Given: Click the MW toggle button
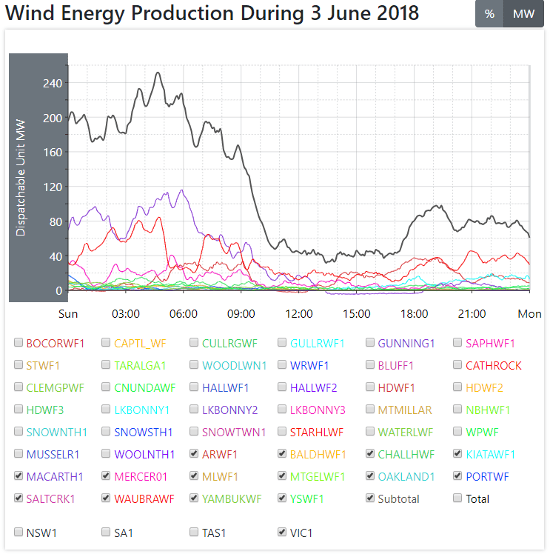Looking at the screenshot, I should pos(523,14).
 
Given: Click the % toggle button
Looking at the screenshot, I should pos(489,14).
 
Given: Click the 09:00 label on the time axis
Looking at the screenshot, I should pos(241,314).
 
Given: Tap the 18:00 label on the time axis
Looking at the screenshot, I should pos(414,314).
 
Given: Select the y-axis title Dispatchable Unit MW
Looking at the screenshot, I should pos(21,178).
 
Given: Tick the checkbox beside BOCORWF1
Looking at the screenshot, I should pos(19,343).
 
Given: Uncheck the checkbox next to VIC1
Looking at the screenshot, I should pos(282,532).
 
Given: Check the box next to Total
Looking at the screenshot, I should pos(458,498).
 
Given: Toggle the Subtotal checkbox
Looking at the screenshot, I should pos(370,498).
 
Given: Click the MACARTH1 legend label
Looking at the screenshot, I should pos(55,476).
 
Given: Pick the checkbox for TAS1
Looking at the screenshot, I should pos(194,532).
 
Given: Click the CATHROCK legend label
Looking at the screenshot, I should pos(493,365).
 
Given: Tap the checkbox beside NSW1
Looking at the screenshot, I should pos(19,532).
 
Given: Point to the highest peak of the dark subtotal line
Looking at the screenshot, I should pos(158,73).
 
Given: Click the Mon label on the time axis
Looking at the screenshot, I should pos(529,314).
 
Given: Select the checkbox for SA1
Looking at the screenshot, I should pos(107,532).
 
